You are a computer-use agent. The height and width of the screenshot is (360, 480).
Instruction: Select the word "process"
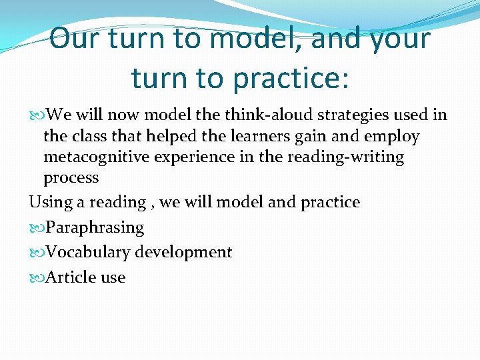pyautogui.click(x=71, y=179)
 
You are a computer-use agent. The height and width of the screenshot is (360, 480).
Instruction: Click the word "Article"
pyautogui.click(x=69, y=277)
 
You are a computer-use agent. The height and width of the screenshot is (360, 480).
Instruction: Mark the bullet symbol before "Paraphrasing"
pyautogui.click(x=35, y=228)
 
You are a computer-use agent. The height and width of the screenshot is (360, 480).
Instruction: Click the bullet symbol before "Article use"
pyautogui.click(x=35, y=277)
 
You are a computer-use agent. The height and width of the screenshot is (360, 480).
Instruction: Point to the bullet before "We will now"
pyautogui.click(x=35, y=115)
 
